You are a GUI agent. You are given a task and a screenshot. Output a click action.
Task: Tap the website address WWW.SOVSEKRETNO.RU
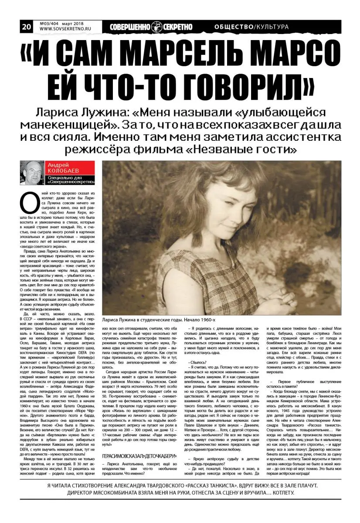tap(63, 30)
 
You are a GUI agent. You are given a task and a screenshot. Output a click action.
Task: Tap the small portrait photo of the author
tap(32, 173)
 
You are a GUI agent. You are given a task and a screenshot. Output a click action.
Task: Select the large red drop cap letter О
tap(29, 201)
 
